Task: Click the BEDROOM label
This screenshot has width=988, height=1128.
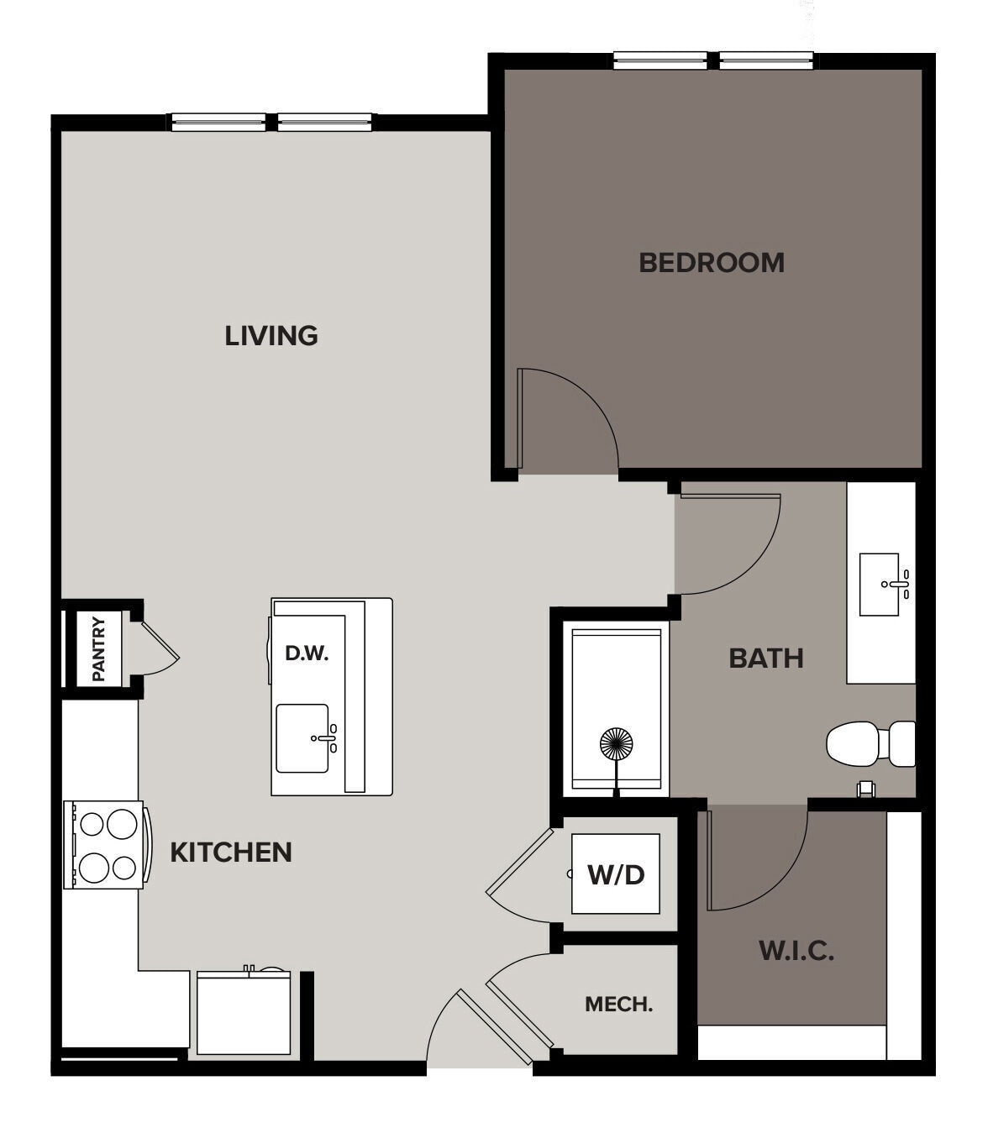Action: (711, 262)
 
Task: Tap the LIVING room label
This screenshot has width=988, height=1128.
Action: (271, 335)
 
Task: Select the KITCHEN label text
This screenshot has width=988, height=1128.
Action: (231, 852)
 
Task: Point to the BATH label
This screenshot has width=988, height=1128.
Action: (765, 658)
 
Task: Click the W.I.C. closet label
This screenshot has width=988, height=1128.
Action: (796, 951)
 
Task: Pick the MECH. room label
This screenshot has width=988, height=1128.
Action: (618, 1004)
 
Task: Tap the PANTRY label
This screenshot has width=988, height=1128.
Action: (98, 648)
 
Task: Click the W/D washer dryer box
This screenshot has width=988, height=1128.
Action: (615, 874)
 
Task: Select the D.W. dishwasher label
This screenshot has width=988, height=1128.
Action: (306, 653)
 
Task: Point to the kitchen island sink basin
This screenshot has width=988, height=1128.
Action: (302, 738)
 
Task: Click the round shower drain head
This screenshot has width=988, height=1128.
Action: (618, 744)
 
